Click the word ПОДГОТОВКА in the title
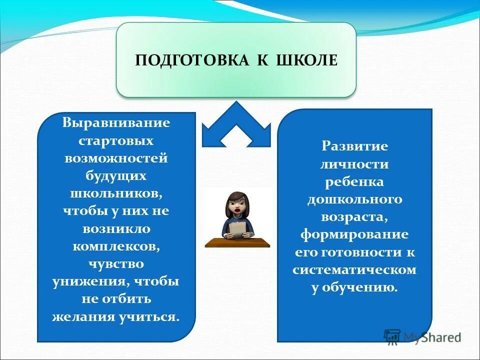[x=192, y=60]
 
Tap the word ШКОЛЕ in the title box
[x=306, y=60]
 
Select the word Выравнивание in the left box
[x=116, y=123]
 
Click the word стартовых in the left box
[x=116, y=141]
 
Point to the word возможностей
[x=116, y=158]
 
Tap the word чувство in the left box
[x=116, y=263]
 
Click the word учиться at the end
[x=152, y=316]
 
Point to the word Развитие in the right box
[x=354, y=146]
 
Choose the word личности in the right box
[x=354, y=164]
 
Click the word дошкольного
[x=354, y=199]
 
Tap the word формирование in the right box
[x=354, y=234]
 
